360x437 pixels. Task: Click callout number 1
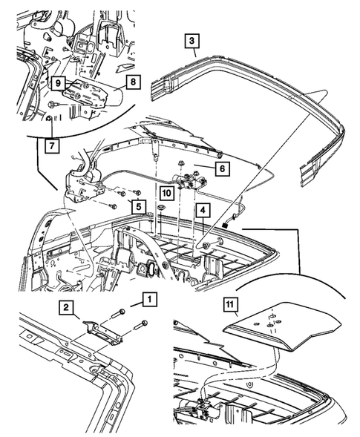point(149,300)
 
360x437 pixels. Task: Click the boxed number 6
point(221,168)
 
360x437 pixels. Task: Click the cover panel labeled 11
point(282,326)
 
